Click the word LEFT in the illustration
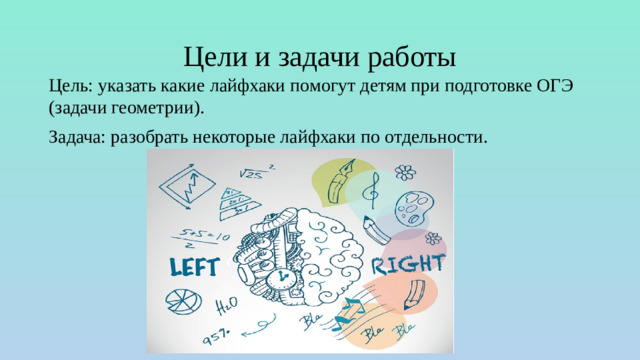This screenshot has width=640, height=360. (200, 267)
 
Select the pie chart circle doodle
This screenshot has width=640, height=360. (181, 301)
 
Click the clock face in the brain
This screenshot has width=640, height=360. (283, 275)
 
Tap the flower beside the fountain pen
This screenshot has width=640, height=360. (404, 172)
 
